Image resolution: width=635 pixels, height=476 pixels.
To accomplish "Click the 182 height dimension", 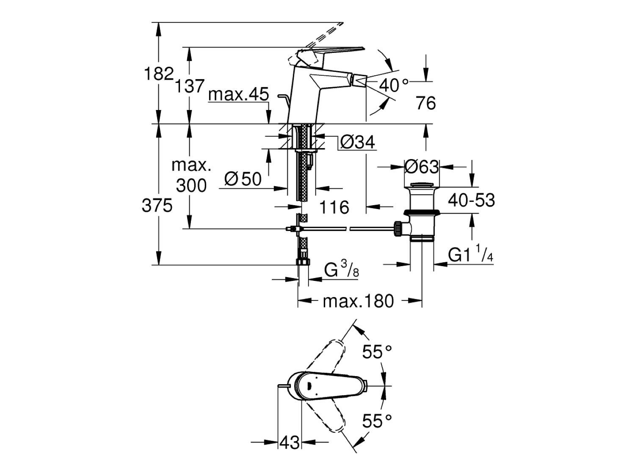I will [x=159, y=74].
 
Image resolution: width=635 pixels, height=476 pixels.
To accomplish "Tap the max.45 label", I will [x=239, y=94].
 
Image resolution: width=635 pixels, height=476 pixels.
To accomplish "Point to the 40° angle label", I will [x=394, y=85].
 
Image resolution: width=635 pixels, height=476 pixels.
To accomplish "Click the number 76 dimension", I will [x=425, y=103].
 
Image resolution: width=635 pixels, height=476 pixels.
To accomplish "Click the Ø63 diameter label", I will [x=421, y=167].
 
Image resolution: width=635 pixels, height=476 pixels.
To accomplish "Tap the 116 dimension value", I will [x=334, y=207].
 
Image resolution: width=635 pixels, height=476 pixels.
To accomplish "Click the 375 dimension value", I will [x=157, y=206].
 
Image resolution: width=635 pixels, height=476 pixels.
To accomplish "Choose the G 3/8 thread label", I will [x=341, y=269].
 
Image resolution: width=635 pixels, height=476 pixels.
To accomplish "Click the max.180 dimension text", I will [x=358, y=301].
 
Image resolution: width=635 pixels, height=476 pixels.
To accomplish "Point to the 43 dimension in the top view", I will [x=290, y=443].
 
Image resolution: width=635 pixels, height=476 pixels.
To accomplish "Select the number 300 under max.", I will [x=191, y=185].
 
